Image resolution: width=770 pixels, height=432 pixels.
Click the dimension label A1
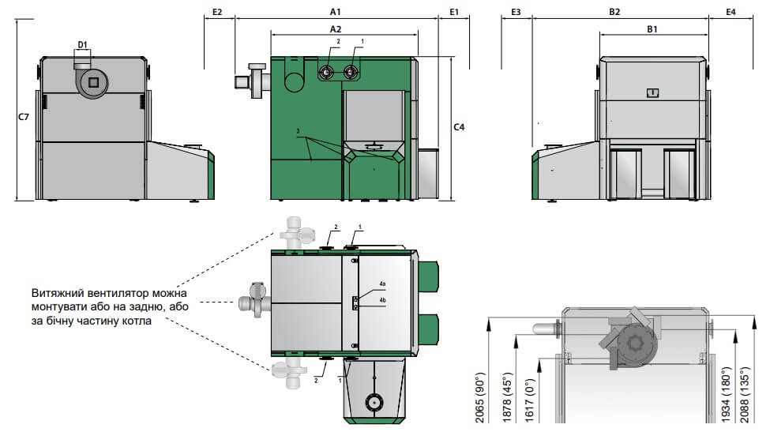[x=336, y=11]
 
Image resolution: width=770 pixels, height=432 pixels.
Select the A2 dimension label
[x=336, y=29]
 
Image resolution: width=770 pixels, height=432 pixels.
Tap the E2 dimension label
[x=217, y=12]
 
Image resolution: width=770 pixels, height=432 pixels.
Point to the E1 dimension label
[x=454, y=12]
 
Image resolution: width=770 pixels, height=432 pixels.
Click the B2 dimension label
[x=614, y=12]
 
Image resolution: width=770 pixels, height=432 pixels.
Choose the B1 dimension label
[x=652, y=29]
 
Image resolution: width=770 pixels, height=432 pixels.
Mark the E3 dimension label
[x=516, y=12]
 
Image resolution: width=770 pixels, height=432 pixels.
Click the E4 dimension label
[x=731, y=12]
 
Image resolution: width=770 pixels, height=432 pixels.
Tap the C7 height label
[x=24, y=117]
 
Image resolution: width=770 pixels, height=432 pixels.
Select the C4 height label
[x=459, y=127]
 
